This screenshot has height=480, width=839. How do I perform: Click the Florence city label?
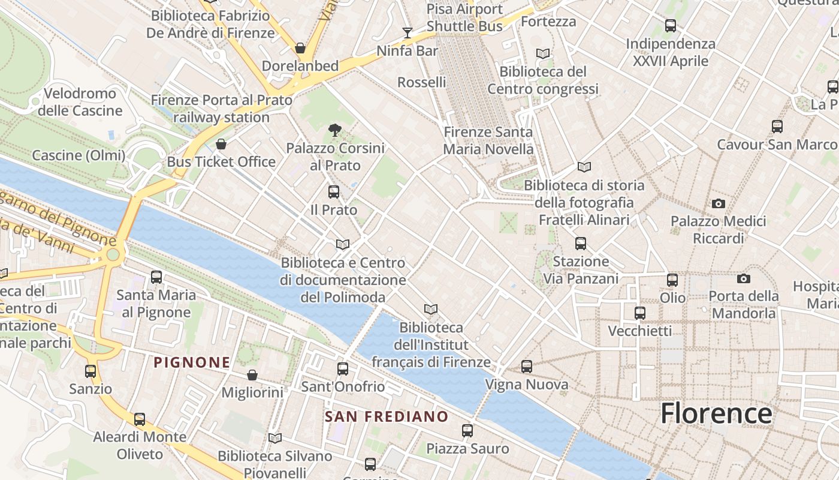(716, 413)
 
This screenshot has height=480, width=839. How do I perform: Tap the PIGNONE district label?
(192, 362)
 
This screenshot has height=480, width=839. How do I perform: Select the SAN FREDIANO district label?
(387, 416)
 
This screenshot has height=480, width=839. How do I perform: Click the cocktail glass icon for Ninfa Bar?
(408, 32)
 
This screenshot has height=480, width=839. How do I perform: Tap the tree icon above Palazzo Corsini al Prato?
(335, 130)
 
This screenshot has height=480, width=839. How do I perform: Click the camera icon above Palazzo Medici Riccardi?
(719, 204)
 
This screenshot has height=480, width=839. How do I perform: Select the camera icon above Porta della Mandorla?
(744, 279)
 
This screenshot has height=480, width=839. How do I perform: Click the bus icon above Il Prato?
(334, 192)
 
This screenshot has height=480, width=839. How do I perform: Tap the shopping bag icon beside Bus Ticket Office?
(221, 144)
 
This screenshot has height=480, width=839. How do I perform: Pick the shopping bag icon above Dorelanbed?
(300, 48)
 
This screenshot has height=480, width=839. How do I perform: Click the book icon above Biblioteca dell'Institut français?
(431, 310)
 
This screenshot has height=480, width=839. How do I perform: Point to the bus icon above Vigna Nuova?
(527, 366)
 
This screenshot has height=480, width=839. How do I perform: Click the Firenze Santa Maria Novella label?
(488, 140)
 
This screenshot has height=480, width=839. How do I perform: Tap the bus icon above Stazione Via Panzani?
(581, 244)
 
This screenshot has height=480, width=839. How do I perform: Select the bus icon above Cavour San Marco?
(777, 127)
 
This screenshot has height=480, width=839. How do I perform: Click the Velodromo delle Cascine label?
(80, 102)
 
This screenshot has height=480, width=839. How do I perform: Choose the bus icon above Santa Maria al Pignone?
(156, 277)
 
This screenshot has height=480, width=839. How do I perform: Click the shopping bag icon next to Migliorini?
(252, 375)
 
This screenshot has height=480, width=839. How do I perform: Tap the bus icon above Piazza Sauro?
(467, 430)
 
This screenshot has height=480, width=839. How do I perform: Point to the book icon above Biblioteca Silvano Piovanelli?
(275, 439)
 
